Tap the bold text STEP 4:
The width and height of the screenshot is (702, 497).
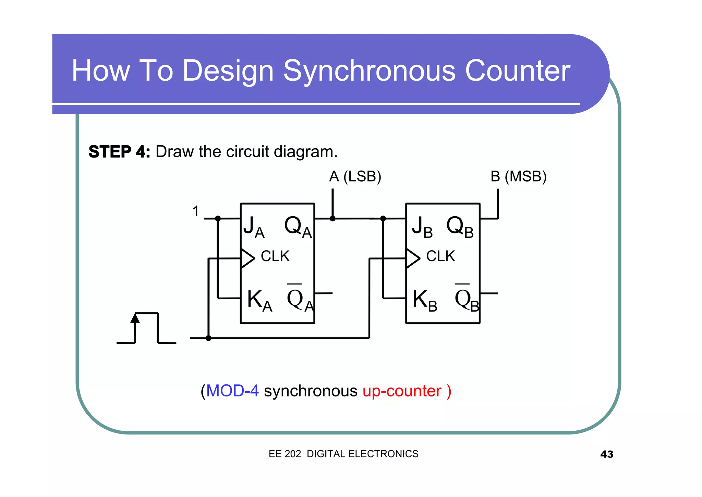[119, 152]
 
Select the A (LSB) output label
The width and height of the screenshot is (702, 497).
[355, 176]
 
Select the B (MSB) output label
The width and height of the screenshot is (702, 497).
[518, 176]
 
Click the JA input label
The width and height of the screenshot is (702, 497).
[254, 227]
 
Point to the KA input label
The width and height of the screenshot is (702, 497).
[259, 301]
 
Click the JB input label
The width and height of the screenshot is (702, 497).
[422, 227]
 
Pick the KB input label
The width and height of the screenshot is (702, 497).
[424, 301]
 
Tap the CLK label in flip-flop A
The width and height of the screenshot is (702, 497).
[275, 256]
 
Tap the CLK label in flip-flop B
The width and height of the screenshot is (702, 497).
[440, 256]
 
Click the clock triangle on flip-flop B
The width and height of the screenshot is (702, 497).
[413, 258]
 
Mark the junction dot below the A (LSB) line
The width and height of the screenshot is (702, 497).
[332, 218]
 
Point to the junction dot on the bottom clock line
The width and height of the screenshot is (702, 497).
[208, 338]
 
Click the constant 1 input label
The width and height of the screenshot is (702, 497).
[196, 211]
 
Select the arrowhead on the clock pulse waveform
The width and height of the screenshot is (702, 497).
[135, 319]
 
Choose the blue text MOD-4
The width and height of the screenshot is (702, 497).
[232, 391]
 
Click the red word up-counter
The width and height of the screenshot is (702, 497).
[402, 391]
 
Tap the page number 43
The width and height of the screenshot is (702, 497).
[606, 454]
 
